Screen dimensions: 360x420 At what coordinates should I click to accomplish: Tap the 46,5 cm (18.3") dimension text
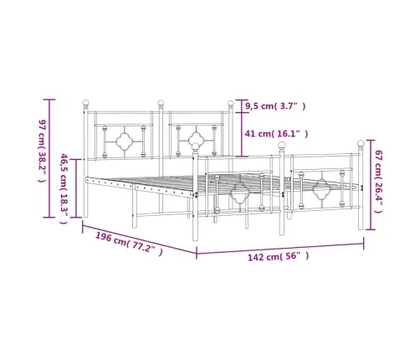coord(64,188)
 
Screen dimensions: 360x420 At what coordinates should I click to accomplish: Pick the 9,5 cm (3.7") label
coord(275,105)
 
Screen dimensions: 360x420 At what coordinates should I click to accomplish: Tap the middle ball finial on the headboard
coord(160,104)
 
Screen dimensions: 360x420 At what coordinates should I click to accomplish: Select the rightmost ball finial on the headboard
coord(232,104)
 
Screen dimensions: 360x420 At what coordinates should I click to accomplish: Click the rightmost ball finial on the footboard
coord(361,143)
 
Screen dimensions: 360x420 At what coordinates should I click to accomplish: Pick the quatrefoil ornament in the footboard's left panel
coord(240,195)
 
